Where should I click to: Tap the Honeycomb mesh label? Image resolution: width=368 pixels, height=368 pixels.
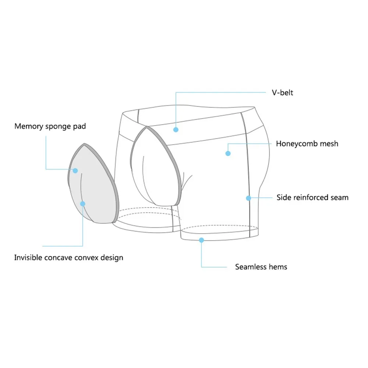click(307, 144)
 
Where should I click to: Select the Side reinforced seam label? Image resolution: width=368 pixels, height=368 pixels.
click(312, 198)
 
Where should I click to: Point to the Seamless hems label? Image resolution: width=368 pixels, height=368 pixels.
click(261, 267)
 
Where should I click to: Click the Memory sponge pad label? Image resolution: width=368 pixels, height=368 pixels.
click(50, 127)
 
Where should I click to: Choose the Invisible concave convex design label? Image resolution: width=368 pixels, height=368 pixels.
click(68, 257)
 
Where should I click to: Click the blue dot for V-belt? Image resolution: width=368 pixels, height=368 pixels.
click(176, 130)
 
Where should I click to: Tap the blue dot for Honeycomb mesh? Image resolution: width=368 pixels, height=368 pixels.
click(228, 153)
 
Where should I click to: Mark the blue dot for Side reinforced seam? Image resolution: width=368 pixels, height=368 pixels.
click(248, 198)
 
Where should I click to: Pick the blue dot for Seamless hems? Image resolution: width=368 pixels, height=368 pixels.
click(201, 240)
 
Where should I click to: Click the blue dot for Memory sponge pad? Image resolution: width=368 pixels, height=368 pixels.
click(75, 170)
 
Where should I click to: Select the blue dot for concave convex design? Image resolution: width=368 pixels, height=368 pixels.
click(83, 204)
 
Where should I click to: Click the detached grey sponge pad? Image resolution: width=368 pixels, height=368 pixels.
click(94, 184)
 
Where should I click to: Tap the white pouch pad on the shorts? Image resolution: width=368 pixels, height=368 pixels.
click(156, 166)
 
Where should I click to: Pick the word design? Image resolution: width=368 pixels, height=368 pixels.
click(112, 257)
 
